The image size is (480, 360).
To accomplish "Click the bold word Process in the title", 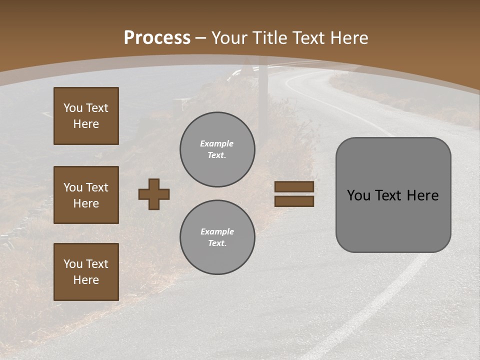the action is pyautogui.click(x=157, y=38).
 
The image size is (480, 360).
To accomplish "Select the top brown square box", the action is pyautogui.click(x=86, y=116).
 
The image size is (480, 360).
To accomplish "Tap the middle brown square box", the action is pyautogui.click(x=86, y=195).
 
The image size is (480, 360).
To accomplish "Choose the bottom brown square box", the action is pyautogui.click(x=86, y=272).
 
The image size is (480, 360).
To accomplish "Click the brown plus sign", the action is pyautogui.click(x=154, y=194).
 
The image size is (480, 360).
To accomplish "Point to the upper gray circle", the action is pyautogui.click(x=217, y=149).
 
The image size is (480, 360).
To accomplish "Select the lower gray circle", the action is pyautogui.click(x=217, y=237).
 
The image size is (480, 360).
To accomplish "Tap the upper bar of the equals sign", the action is pyautogui.click(x=294, y=187).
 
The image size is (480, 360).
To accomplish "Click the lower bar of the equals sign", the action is pyautogui.click(x=294, y=201).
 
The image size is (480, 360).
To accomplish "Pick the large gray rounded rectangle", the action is pyautogui.click(x=393, y=195).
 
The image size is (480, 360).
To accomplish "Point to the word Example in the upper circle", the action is pyautogui.click(x=217, y=143).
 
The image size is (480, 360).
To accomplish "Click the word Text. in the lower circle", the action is pyautogui.click(x=217, y=243).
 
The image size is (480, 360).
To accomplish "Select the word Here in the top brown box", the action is pyautogui.click(x=86, y=124).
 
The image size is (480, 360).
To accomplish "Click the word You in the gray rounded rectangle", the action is pyautogui.click(x=358, y=195).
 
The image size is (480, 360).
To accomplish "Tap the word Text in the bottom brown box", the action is pyautogui.click(x=97, y=264).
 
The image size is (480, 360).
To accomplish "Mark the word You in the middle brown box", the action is pyautogui.click(x=72, y=187).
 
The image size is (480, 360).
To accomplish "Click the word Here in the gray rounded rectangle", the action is pyautogui.click(x=423, y=195).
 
